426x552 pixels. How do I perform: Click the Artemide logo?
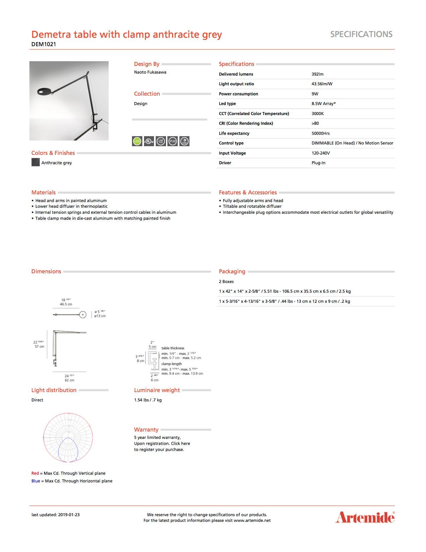coord(365,517)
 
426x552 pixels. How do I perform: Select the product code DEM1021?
coord(44,44)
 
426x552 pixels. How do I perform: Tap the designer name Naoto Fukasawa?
coord(150,72)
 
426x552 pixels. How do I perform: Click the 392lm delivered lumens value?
coord(317,74)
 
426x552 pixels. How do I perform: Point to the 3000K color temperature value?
coord(317,114)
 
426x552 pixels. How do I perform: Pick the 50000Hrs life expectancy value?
coord(320,133)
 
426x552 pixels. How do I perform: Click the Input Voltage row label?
coord(232,153)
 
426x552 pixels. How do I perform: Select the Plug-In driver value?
coord(318,163)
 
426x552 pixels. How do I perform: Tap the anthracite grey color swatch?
coord(35,163)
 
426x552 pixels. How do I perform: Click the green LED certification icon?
coord(137,142)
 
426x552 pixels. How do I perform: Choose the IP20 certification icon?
coord(172,142)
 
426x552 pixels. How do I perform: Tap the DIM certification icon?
coord(184,142)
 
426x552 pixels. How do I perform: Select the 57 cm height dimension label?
coord(39,347)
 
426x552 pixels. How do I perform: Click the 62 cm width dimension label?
coord(69,380)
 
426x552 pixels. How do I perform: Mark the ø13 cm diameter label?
coord(100,316)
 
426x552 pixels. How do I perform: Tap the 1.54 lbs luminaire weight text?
coord(148,400)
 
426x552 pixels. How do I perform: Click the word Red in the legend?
coord(35,473)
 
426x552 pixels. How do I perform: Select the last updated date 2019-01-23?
coord(69,515)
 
